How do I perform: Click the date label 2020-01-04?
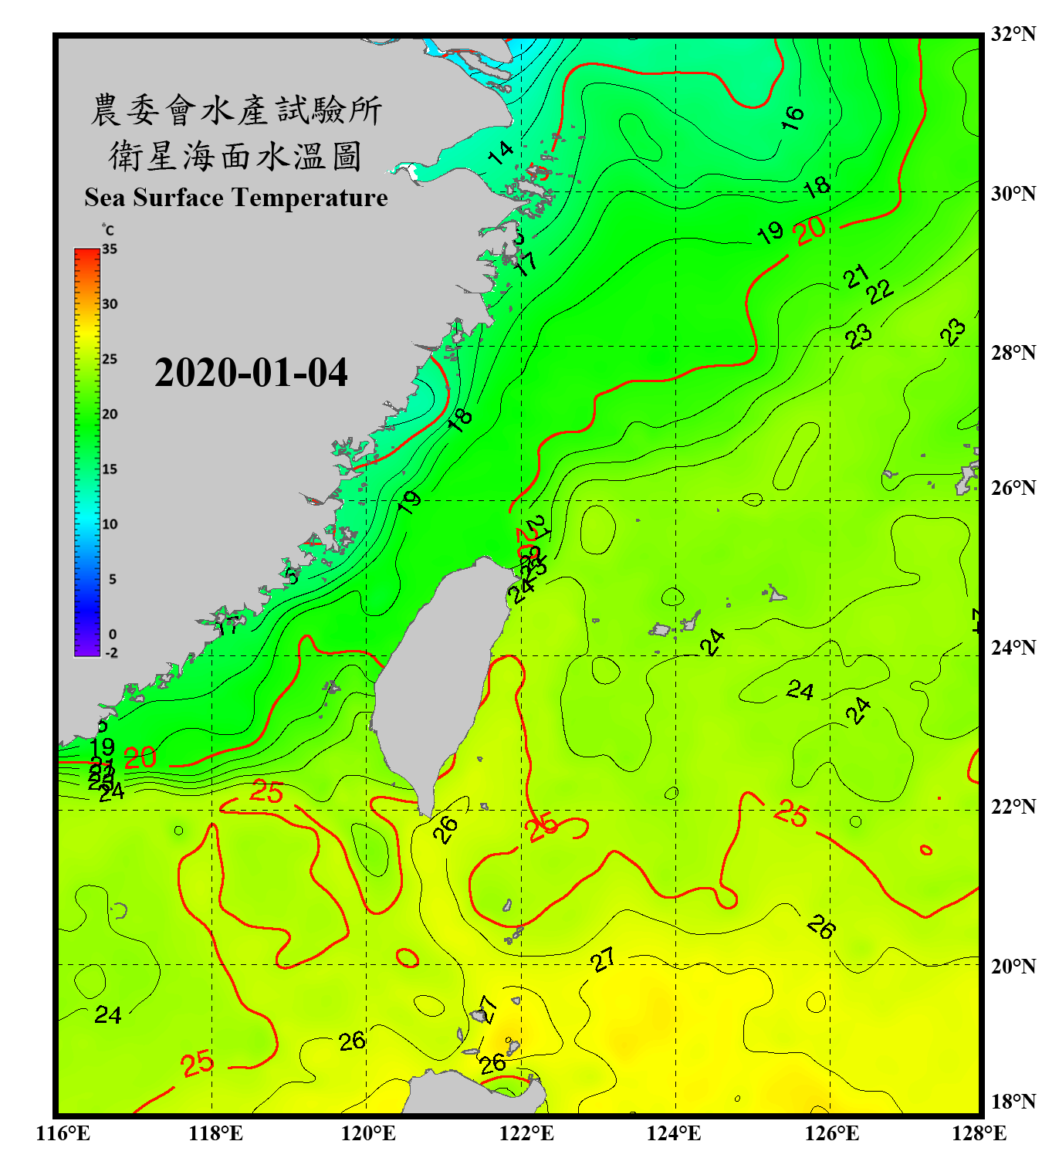(251, 373)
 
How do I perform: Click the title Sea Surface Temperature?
(236, 198)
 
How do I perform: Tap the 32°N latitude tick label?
(1013, 34)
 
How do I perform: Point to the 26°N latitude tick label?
(1013, 488)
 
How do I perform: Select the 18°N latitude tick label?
(1013, 1102)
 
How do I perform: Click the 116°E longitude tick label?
(63, 1133)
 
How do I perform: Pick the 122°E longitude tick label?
(526, 1133)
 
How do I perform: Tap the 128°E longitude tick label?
(979, 1133)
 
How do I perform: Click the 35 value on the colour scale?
(110, 249)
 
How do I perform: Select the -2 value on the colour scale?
(111, 653)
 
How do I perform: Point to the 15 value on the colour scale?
(110, 469)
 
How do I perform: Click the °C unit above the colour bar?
(108, 231)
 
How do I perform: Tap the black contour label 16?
(793, 118)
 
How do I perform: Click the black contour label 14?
(501, 153)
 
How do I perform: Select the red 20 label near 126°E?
(810, 230)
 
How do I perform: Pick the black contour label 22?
(880, 292)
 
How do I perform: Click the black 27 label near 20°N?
(604, 960)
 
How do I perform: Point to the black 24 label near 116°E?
(108, 1014)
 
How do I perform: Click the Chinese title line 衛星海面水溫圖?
(235, 156)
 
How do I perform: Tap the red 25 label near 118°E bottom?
(198, 1064)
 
